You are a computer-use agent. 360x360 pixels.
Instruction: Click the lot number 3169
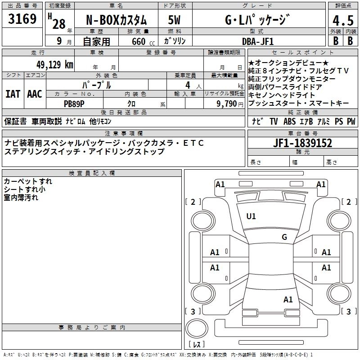point(22,20)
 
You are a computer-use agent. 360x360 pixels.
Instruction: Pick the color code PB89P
point(75,103)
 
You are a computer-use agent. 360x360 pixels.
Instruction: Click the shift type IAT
point(13,94)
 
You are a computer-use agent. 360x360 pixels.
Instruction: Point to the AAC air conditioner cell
point(35,94)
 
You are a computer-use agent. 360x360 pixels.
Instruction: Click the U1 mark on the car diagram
point(251,216)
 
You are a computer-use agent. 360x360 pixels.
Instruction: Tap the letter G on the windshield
point(284,237)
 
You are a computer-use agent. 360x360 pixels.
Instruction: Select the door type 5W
point(174,21)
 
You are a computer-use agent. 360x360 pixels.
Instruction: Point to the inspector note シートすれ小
point(24,189)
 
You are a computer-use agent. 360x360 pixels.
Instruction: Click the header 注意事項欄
point(124,134)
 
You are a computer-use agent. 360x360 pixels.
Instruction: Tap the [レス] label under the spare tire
point(197,345)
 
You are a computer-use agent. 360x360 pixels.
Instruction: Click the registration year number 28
point(59,24)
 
